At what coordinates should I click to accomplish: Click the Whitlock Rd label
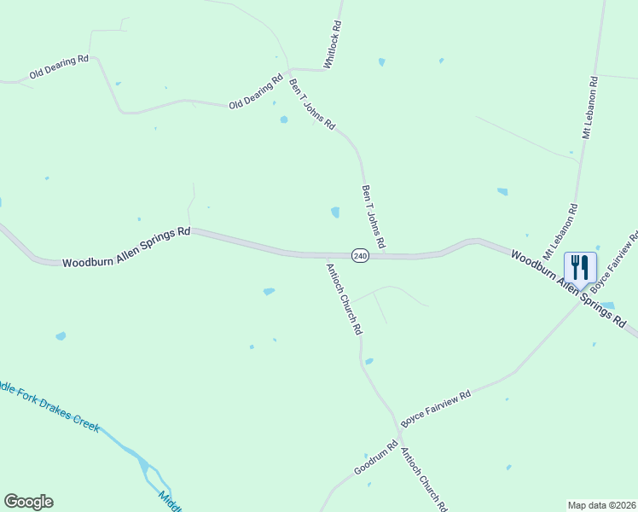(x=333, y=45)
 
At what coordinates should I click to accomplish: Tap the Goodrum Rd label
(x=376, y=459)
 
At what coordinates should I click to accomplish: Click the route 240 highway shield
(x=360, y=255)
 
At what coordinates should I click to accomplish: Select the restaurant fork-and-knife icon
(x=580, y=267)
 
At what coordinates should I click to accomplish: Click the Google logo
(x=28, y=502)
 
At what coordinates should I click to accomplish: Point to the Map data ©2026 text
(x=600, y=504)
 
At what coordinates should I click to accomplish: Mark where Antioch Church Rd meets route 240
(x=324, y=254)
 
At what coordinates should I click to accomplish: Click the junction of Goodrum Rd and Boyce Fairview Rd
(x=399, y=430)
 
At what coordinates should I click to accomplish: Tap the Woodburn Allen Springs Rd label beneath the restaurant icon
(x=568, y=288)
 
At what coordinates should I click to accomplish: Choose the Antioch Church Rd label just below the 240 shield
(x=344, y=298)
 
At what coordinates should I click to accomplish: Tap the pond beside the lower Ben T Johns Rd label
(x=335, y=212)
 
